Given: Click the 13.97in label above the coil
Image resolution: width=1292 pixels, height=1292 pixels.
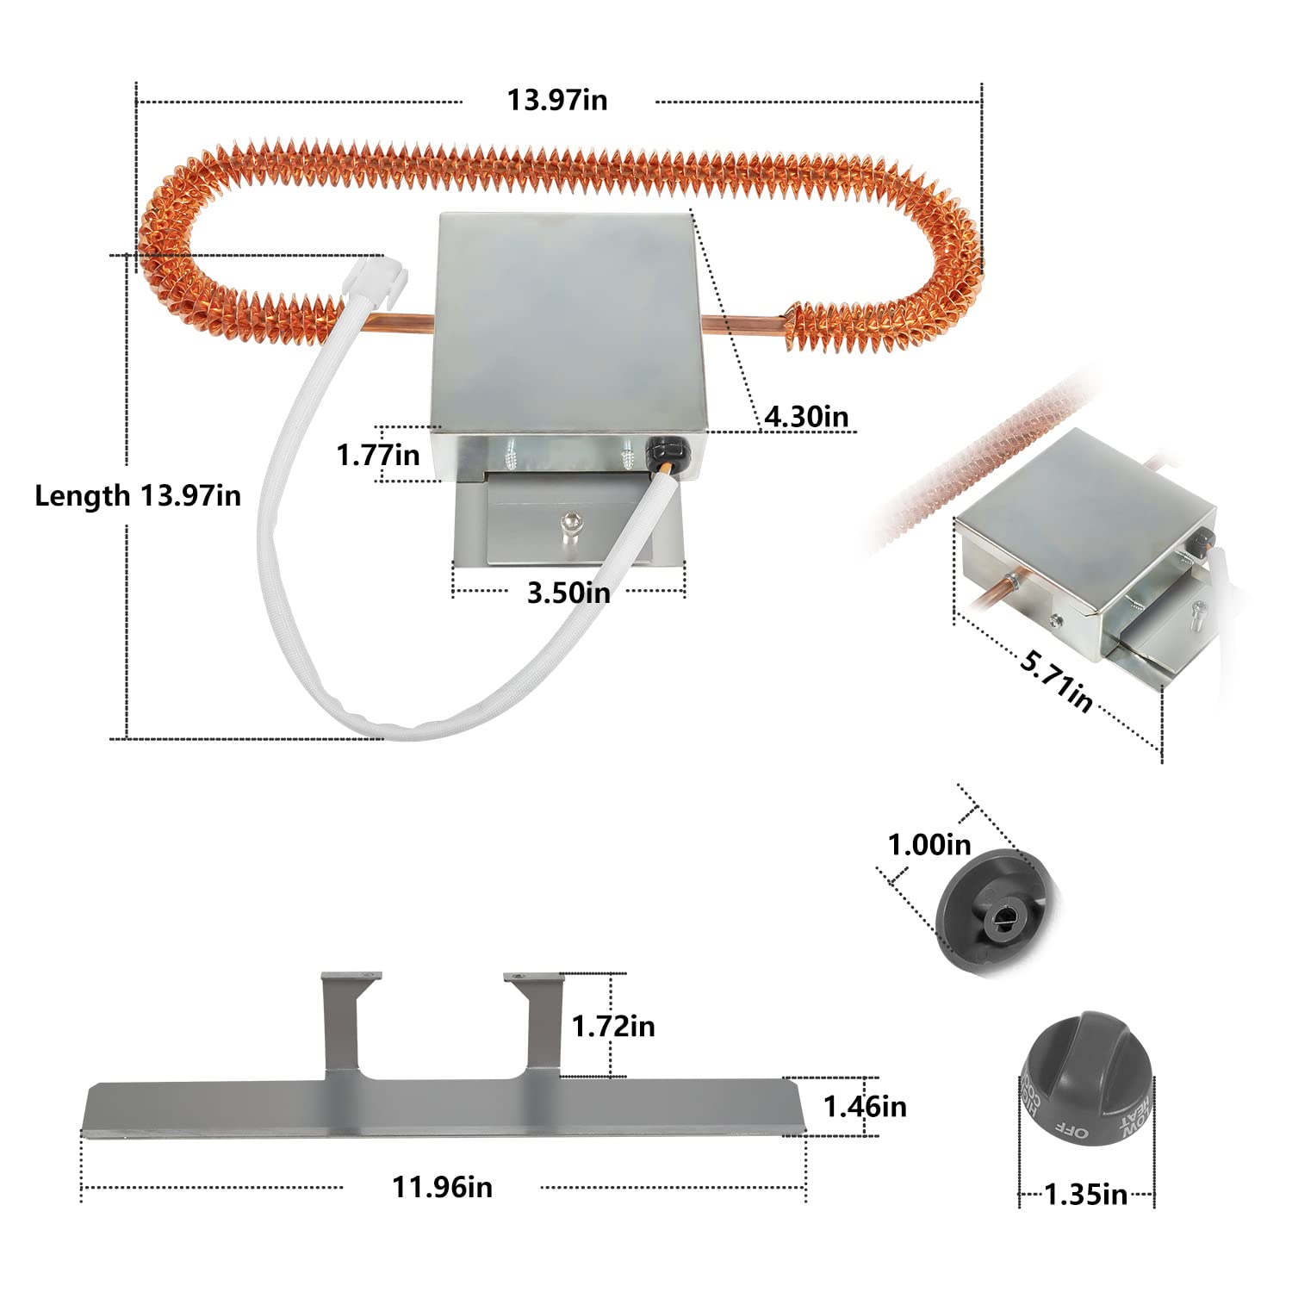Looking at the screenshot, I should tap(557, 100).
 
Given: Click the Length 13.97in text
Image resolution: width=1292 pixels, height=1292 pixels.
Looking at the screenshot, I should tap(138, 496).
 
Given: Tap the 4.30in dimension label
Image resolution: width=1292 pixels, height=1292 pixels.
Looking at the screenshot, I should tap(806, 417).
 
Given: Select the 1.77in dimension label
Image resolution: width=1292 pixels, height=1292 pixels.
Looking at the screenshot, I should tap(377, 454).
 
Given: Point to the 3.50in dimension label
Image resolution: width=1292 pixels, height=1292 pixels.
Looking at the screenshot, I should tap(568, 593).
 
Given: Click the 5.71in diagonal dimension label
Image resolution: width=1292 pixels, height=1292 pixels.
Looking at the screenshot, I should tap(1057, 682).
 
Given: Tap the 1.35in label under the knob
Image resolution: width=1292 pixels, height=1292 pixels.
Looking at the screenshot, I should tap(1085, 1195).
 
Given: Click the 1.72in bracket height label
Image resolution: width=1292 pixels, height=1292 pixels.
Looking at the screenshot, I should tap(613, 1026).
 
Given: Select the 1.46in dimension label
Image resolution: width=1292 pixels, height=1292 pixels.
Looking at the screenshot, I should tap(865, 1106).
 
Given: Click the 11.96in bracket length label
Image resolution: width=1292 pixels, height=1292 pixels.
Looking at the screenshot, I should tap(442, 1187).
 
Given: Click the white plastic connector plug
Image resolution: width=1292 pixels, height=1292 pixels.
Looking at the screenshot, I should tap(377, 277).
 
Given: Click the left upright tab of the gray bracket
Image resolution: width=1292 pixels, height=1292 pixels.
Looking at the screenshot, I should tap(339, 1025).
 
